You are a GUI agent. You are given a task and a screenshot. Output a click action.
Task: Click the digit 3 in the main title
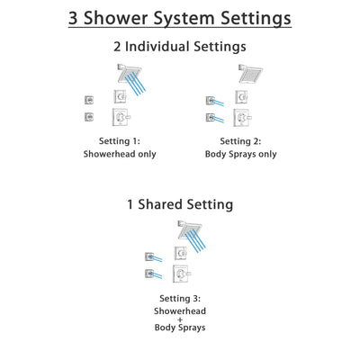76,18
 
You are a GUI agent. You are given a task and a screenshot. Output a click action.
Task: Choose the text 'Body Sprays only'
240,154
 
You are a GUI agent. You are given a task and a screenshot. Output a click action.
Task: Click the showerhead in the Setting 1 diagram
123,72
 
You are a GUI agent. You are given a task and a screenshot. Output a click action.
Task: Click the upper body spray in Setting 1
88,98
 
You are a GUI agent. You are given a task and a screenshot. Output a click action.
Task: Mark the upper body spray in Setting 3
149,256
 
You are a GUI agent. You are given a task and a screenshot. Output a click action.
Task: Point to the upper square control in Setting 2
242,96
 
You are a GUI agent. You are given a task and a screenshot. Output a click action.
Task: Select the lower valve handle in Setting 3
182,274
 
